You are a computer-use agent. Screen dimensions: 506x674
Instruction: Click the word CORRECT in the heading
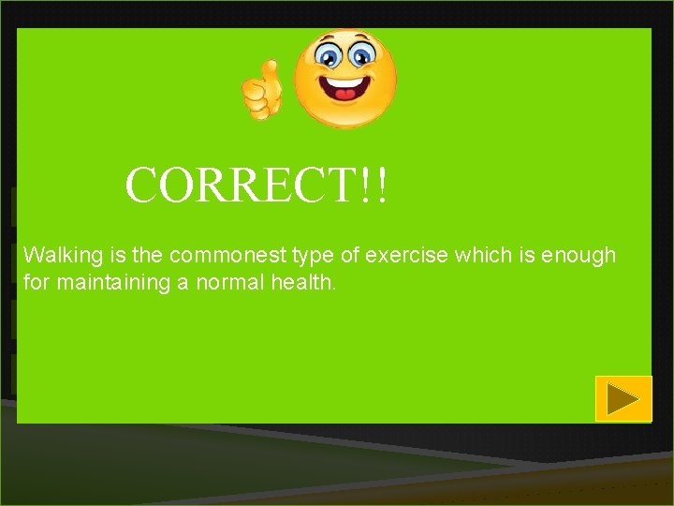click(x=241, y=186)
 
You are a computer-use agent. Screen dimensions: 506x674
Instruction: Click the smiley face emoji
click(x=345, y=80)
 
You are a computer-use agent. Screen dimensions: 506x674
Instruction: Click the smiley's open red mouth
click(x=345, y=92)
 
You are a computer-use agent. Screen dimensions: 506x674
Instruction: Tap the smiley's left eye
click(x=329, y=56)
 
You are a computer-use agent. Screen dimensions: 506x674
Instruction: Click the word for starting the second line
click(x=35, y=281)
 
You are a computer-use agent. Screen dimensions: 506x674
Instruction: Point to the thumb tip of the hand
click(x=271, y=66)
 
